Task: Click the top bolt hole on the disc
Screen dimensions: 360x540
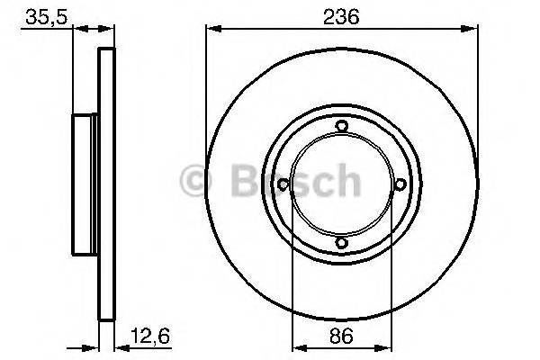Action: [x=340, y=127]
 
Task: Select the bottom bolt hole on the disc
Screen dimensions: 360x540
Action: [x=340, y=242]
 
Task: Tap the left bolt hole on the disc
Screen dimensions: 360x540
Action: [x=283, y=184]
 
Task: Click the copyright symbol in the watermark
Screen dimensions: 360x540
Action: [x=195, y=181]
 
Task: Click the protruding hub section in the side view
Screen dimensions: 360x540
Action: [x=84, y=184]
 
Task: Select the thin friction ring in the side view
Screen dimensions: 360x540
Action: [x=106, y=184]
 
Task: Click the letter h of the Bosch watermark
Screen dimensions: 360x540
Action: [x=346, y=181]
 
